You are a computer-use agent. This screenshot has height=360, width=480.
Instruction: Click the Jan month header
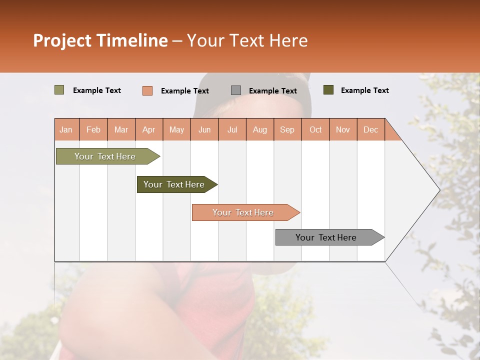coord(66,129)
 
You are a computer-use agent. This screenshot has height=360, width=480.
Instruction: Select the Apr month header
coord(148,129)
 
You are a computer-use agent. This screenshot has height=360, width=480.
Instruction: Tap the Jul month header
coord(232,129)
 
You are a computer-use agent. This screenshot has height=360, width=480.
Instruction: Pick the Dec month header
coord(370,129)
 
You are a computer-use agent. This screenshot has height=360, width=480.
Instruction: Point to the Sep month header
coord(287,129)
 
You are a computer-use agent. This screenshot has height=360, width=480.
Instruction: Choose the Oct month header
coord(315,129)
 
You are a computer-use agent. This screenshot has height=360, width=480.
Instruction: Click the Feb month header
coord(93,129)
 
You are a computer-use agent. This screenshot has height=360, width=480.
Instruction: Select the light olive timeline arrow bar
coord(105,156)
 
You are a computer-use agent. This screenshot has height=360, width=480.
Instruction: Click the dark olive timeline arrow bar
coord(174,184)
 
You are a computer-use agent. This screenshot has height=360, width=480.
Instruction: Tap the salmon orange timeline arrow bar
coord(243,212)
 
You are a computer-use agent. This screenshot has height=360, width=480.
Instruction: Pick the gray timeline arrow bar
coord(326,237)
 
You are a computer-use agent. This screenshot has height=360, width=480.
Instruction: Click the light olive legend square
coord(59,90)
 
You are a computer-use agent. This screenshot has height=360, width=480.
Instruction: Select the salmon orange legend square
coord(147,90)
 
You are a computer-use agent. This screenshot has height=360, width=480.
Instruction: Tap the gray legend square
coord(236,90)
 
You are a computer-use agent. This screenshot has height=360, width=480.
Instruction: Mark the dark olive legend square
coord(328,90)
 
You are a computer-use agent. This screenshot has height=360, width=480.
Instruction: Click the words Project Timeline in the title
coord(100,40)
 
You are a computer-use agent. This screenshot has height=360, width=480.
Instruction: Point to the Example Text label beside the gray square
coord(272,91)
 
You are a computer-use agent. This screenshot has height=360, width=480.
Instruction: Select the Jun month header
coord(204,129)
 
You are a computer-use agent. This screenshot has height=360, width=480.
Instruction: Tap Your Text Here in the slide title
coord(247,40)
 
